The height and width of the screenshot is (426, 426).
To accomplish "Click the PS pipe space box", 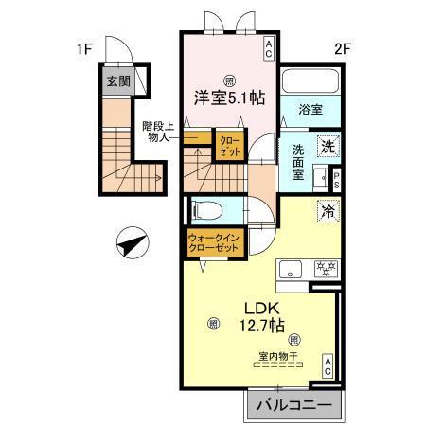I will pyautogui.click(x=335, y=179).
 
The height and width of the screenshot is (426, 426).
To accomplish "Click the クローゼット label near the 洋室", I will pyautogui.click(x=229, y=148).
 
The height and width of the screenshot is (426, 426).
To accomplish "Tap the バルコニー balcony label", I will pyautogui.click(x=291, y=404).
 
